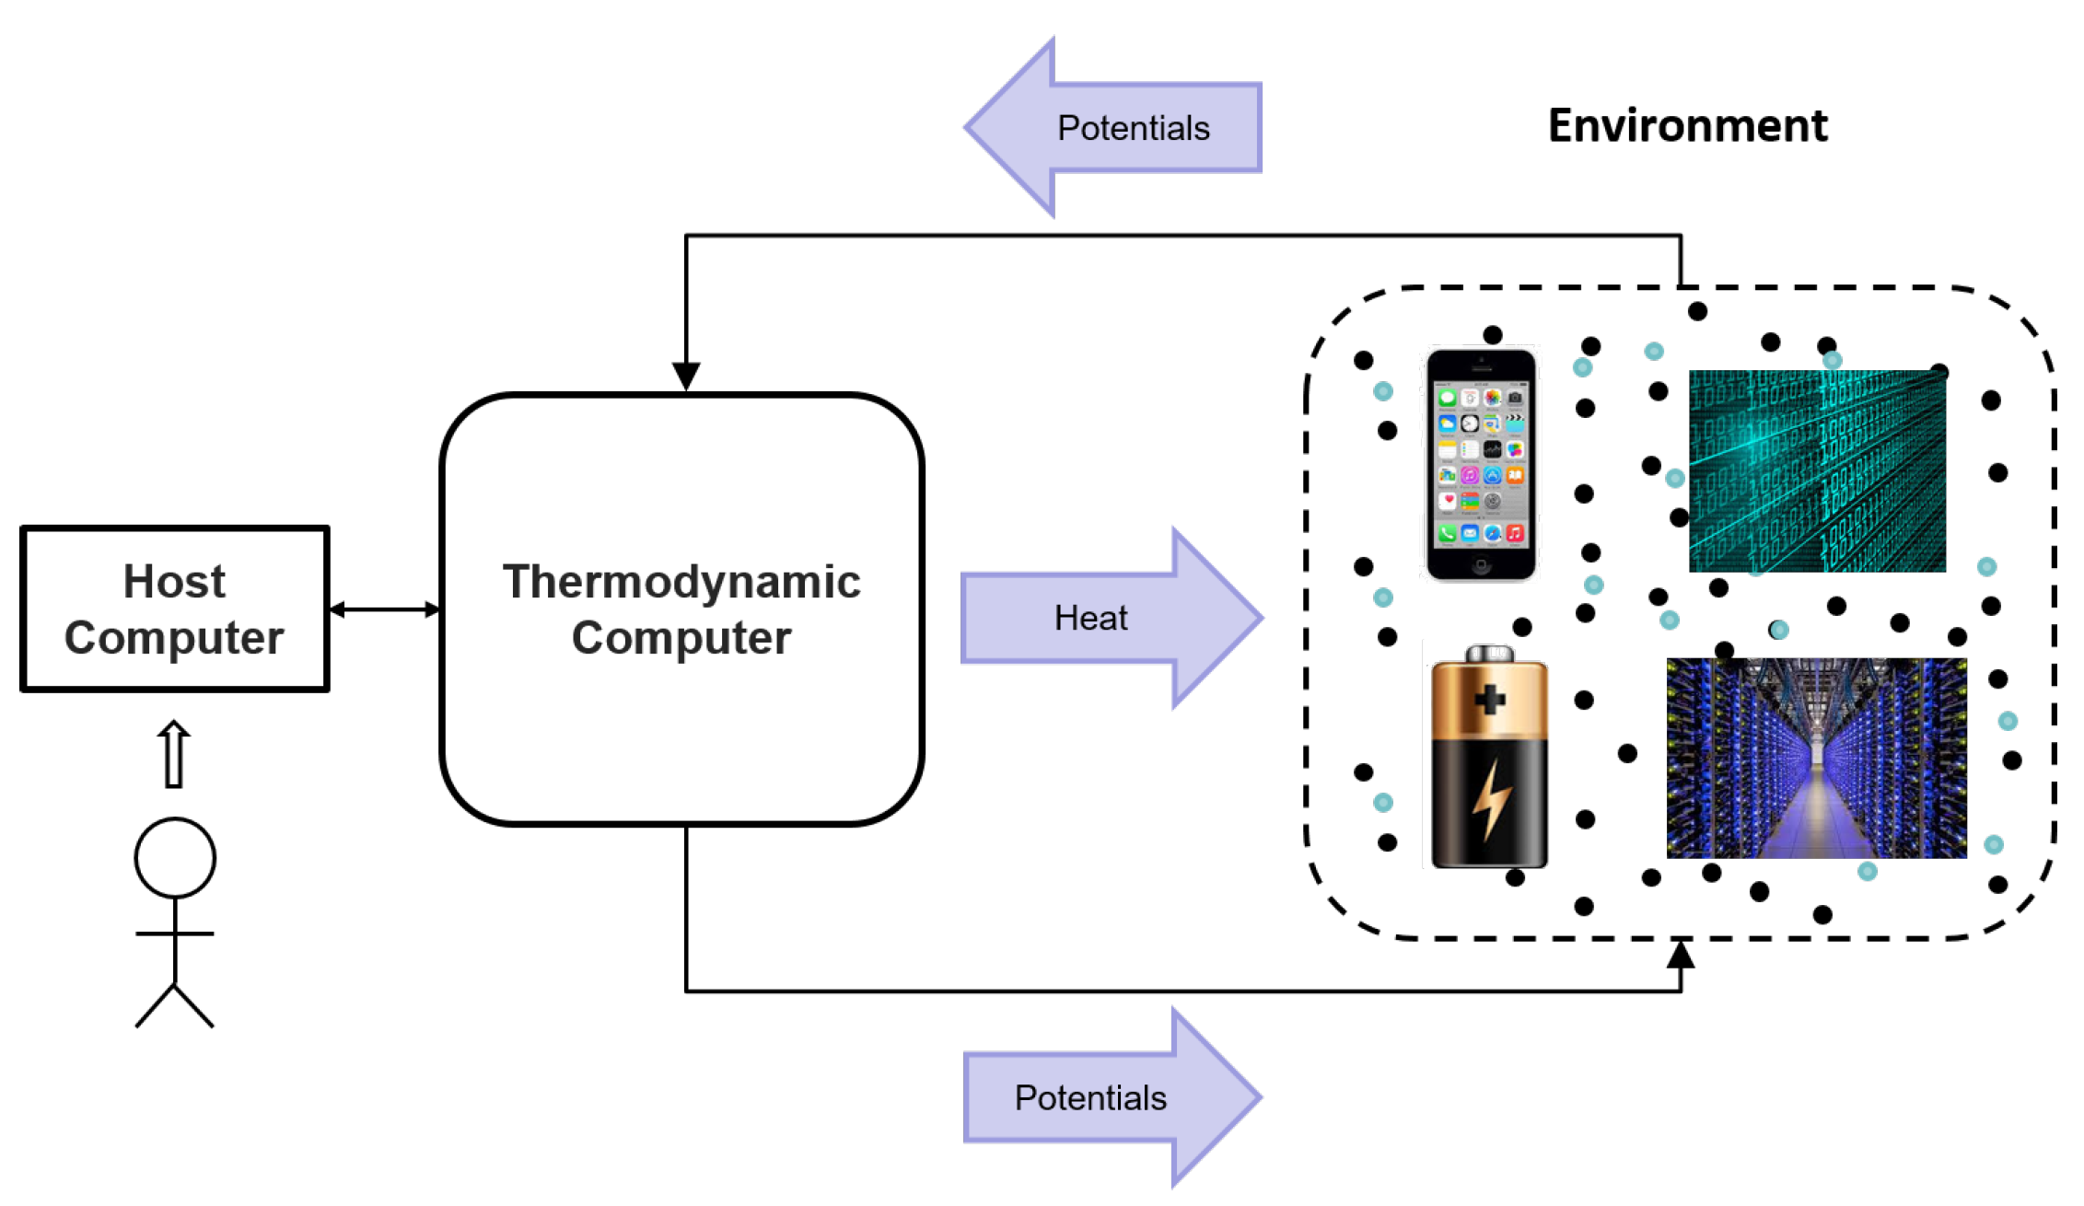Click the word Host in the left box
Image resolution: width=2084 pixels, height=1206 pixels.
coord(174,582)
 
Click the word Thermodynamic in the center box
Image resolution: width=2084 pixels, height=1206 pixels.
coord(681,582)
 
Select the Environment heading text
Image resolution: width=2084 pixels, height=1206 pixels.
coord(1687,125)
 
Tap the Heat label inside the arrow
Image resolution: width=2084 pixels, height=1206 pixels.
coord(1090,618)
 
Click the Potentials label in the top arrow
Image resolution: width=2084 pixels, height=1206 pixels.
coord(1133,128)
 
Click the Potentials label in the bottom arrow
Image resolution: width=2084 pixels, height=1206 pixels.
coord(1090,1097)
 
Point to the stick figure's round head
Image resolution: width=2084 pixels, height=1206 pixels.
coord(175,857)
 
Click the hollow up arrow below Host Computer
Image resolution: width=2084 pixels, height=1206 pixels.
coord(174,754)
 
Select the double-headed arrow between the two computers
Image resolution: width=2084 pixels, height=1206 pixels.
coord(385,609)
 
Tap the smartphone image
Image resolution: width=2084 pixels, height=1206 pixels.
coord(1481,464)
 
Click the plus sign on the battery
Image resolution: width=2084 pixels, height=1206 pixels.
coord(1490,700)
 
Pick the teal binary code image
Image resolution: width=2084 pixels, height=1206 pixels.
coord(1817,470)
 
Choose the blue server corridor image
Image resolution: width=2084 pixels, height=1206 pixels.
coord(1816,758)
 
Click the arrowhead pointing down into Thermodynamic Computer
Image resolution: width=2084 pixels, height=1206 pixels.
coord(686,377)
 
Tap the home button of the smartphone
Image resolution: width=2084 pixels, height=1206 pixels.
coord(1481,565)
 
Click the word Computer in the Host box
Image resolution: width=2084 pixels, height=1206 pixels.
coord(174,637)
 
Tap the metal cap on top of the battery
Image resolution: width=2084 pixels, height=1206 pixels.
coord(1490,653)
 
